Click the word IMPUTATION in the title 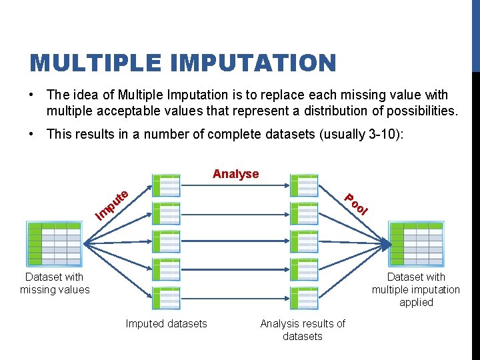point(253,63)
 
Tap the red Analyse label point(235,174)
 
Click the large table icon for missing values point(54,244)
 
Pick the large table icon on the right point(416,244)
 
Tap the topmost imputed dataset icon point(167,185)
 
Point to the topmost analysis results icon point(304,185)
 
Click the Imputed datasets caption point(167,324)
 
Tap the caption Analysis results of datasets point(303,330)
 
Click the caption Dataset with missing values point(55,283)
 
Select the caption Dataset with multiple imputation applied point(416,289)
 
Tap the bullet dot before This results point(33,134)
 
